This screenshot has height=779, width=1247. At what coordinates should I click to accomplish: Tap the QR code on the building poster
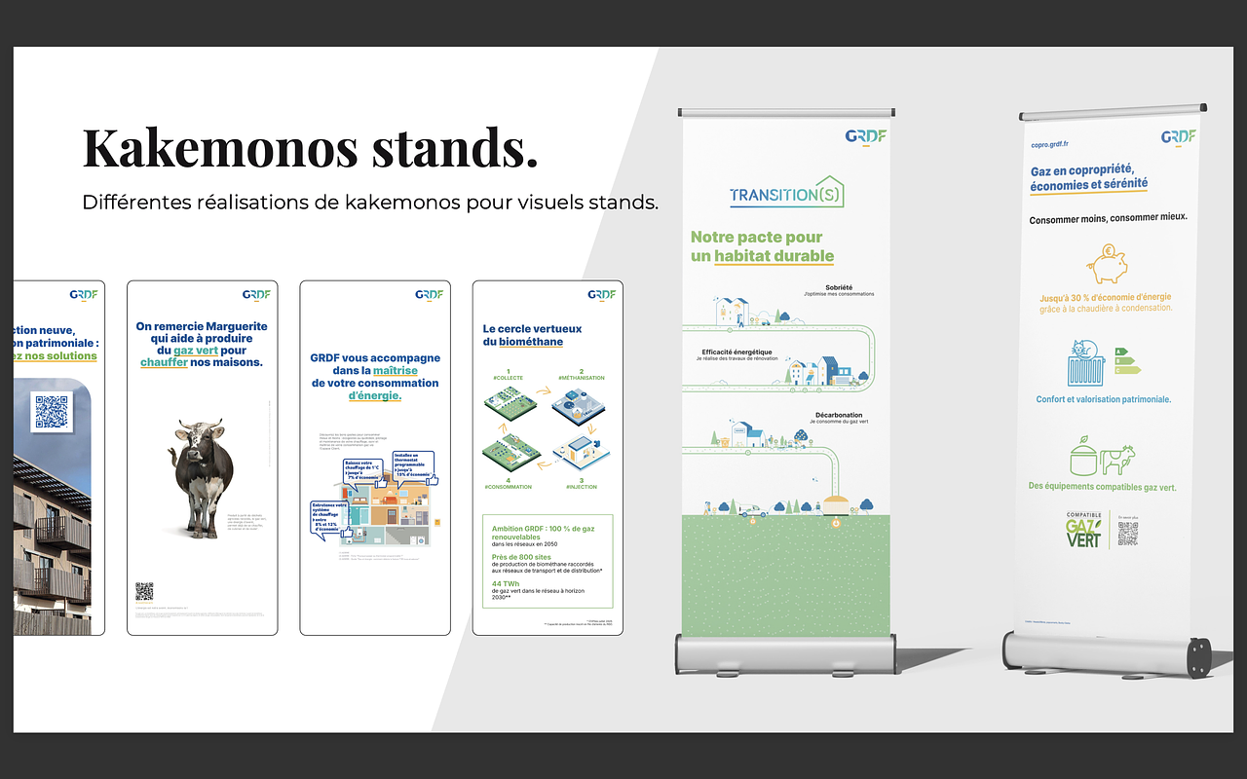click(x=53, y=412)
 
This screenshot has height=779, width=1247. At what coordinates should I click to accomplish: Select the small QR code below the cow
click(x=144, y=591)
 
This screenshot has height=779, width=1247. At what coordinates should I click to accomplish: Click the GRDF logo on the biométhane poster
click(x=601, y=294)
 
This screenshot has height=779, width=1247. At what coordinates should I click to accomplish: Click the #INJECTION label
click(x=582, y=487)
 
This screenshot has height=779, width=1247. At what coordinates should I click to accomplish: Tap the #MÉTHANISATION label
click(x=582, y=377)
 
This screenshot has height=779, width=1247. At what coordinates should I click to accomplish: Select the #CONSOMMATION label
click(x=508, y=487)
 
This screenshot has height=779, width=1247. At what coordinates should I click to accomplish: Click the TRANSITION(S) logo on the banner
click(x=786, y=193)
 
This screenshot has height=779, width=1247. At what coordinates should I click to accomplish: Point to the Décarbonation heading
click(x=841, y=415)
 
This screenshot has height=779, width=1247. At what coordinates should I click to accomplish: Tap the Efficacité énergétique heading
click(x=737, y=352)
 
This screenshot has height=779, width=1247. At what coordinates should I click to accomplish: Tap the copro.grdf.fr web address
click(x=1056, y=144)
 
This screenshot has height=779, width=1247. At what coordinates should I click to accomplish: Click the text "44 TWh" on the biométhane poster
click(x=505, y=583)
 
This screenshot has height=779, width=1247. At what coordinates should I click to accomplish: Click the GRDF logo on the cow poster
click(x=255, y=294)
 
